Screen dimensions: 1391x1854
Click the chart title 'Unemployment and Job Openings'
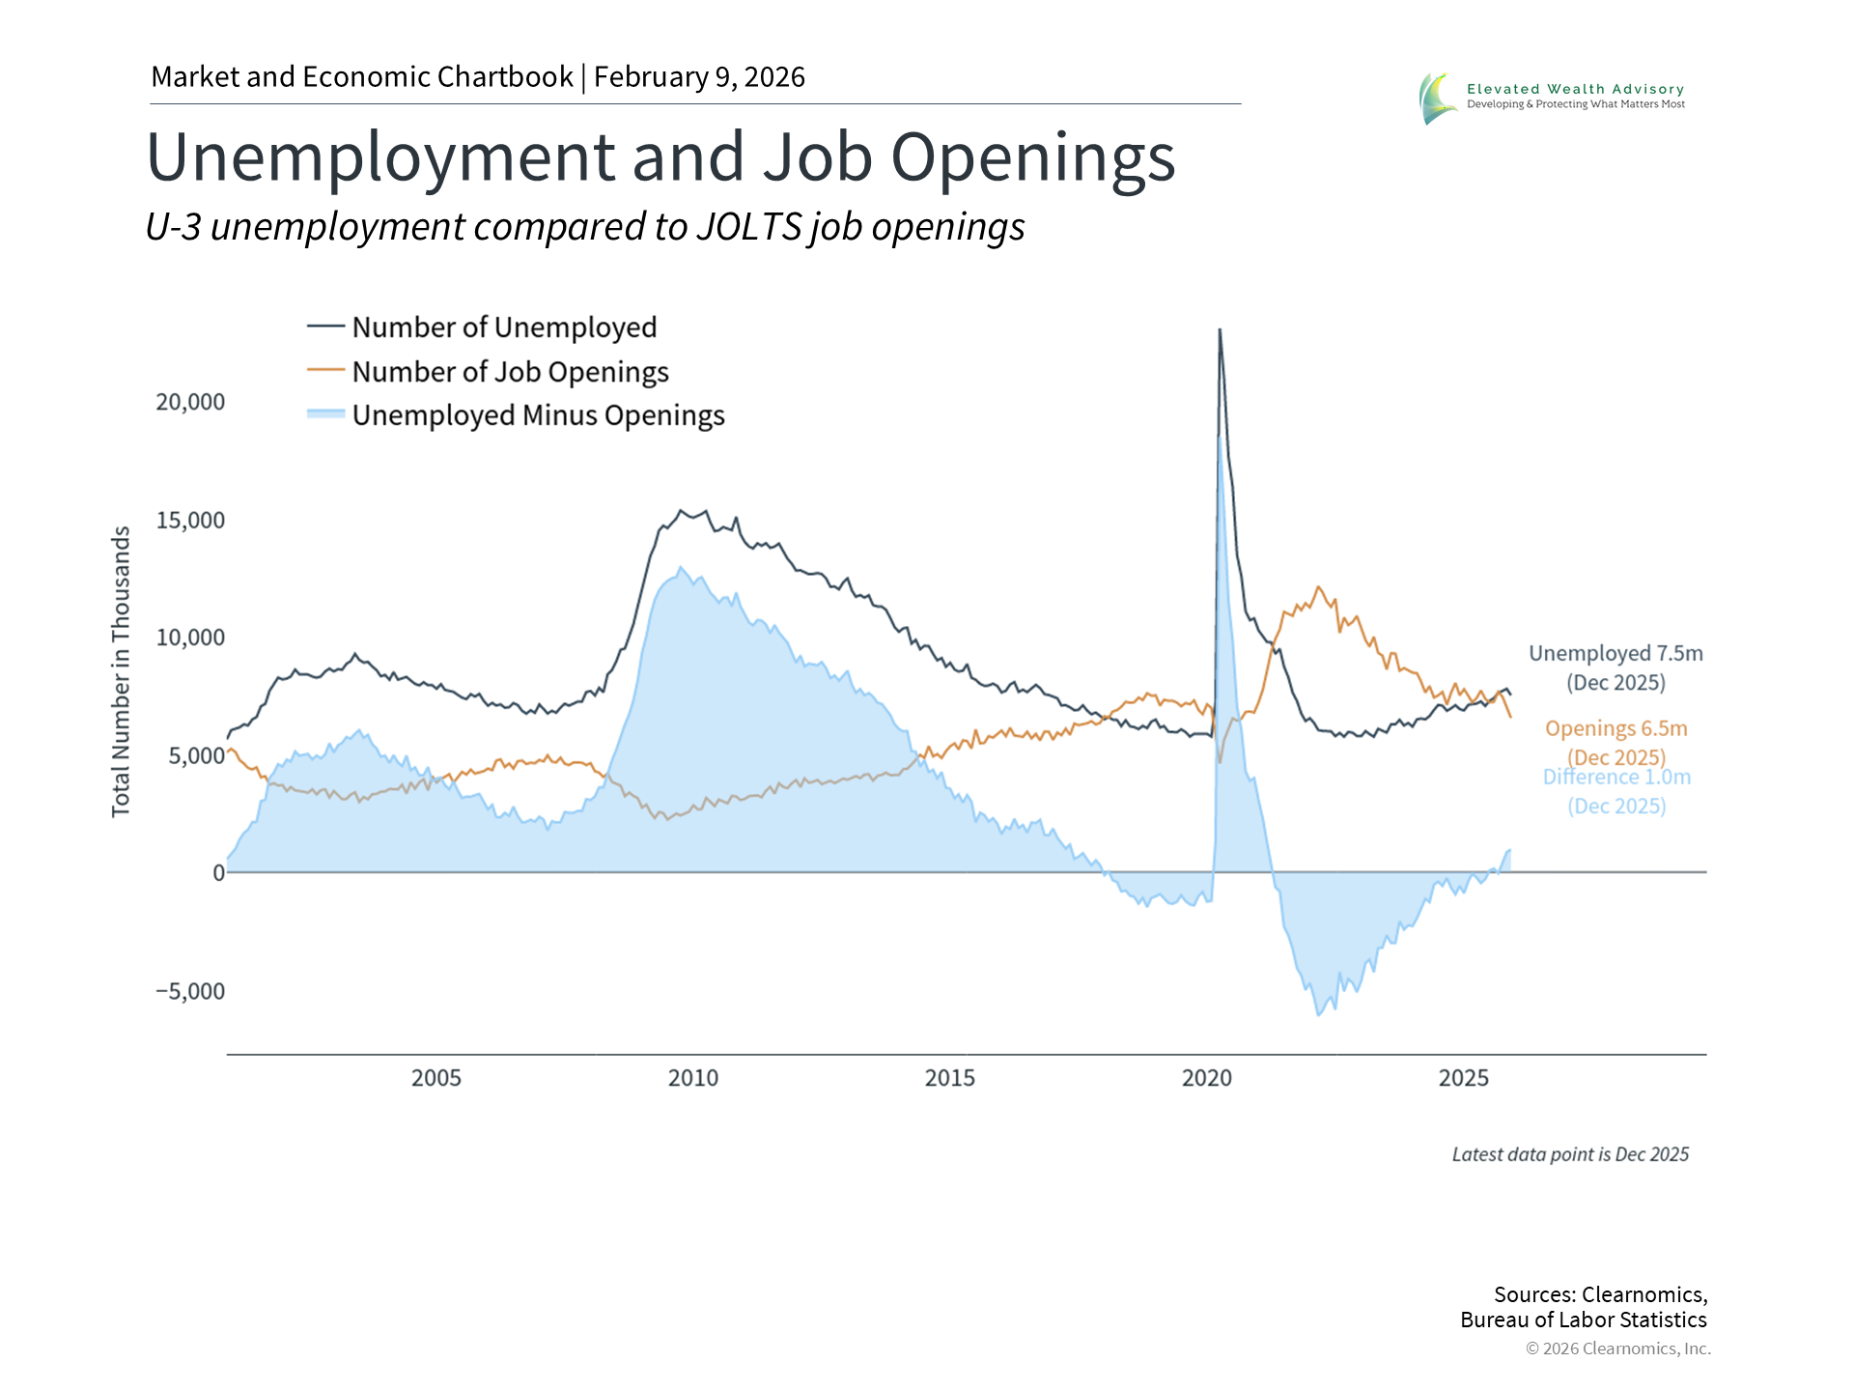point(660,156)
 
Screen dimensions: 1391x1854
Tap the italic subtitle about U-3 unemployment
point(584,227)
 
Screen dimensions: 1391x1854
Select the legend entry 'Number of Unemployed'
point(503,327)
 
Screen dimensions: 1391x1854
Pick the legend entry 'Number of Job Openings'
point(509,372)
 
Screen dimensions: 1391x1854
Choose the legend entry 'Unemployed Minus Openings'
point(537,415)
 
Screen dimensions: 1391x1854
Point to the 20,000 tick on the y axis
point(190,402)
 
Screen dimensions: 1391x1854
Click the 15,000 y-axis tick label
point(190,521)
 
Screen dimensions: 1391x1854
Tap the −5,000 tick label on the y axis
point(190,991)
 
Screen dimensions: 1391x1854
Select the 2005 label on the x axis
point(436,1078)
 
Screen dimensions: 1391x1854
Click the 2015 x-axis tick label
point(950,1078)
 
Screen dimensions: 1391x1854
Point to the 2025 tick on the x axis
point(1464,1078)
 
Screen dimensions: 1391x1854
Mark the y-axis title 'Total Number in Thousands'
point(121,671)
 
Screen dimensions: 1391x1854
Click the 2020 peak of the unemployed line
point(1220,331)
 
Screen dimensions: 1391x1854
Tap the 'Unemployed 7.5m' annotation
point(1615,654)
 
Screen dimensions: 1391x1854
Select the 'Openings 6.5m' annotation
point(1615,729)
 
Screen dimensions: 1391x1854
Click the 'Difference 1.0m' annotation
point(1616,778)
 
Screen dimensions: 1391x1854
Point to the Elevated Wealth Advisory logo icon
point(1436,98)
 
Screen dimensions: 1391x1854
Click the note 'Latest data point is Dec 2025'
point(1570,1154)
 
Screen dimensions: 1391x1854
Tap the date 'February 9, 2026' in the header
point(699,77)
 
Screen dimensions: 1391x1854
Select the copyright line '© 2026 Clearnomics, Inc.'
point(1617,1348)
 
